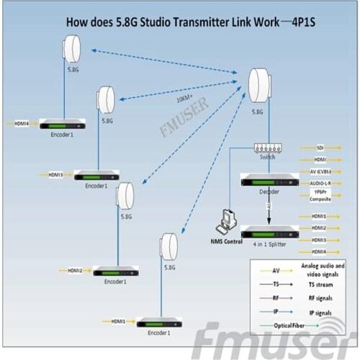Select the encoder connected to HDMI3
tap(96, 175)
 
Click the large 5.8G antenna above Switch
tap(258, 88)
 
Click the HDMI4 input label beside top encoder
tap(22, 123)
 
